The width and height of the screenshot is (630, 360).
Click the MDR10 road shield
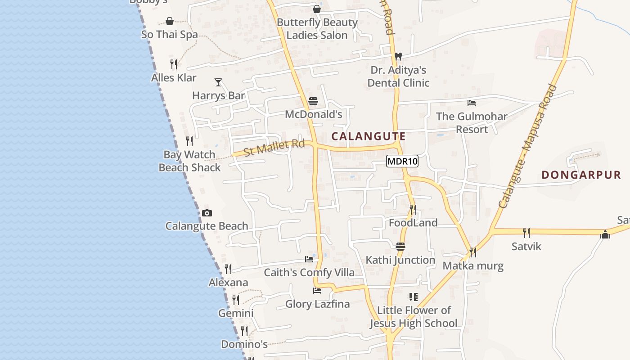(402, 161)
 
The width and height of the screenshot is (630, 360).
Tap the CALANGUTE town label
(369, 136)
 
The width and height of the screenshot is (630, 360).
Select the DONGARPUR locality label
(581, 175)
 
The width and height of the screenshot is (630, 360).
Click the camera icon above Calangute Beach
(207, 213)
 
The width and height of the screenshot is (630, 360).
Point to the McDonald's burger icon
(313, 101)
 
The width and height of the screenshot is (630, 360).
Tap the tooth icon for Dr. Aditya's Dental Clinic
(398, 57)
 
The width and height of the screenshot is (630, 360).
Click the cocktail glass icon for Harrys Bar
(218, 82)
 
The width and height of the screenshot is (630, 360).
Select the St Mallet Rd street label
(274, 148)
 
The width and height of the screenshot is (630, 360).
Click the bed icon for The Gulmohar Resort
(472, 103)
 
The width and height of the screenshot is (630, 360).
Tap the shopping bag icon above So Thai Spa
(170, 21)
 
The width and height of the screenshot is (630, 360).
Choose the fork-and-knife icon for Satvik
(526, 233)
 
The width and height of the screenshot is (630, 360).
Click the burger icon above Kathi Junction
(400, 246)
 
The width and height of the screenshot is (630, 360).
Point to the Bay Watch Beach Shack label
(189, 161)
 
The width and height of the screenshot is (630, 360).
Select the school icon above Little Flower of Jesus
(413, 297)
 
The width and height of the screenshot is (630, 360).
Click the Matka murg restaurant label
(473, 265)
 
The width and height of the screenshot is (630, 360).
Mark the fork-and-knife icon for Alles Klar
(174, 64)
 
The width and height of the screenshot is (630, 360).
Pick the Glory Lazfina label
(317, 304)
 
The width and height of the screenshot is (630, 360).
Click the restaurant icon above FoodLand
(413, 209)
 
